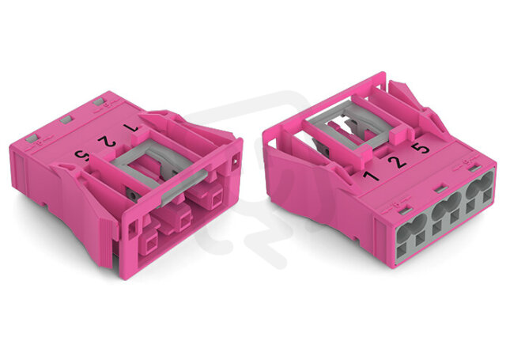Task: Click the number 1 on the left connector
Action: coord(132,128)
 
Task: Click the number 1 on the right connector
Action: coord(371,176)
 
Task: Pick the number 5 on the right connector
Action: coord(421,148)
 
